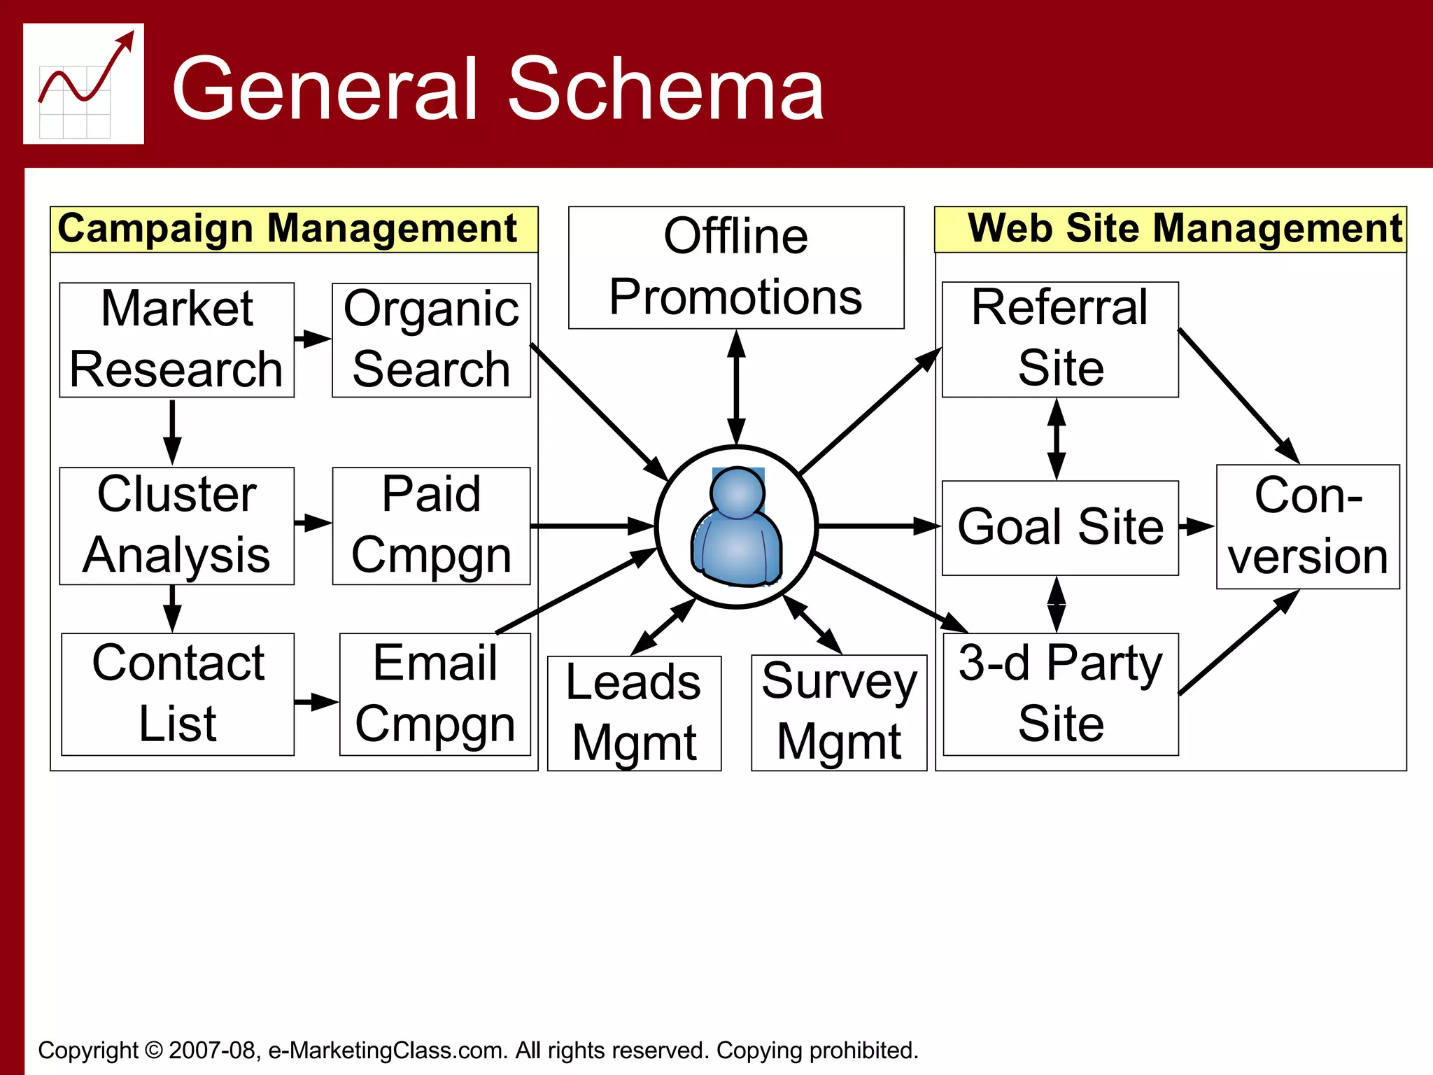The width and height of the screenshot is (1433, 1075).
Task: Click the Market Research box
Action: [176, 339]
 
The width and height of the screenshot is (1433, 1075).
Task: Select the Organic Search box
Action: [431, 339]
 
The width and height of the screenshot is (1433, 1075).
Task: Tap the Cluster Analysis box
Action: [176, 525]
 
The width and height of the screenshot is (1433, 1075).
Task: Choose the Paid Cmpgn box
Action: [431, 525]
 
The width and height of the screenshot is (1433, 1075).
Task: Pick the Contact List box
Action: [178, 694]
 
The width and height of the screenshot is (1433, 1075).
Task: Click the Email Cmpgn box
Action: [435, 694]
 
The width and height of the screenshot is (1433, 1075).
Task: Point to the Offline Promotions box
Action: [735, 267]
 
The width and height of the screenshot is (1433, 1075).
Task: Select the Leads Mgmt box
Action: [634, 712]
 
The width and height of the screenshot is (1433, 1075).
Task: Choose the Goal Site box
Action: [1059, 527]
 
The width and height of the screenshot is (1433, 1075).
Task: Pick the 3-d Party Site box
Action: [1060, 694]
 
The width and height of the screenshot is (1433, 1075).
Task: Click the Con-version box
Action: [1307, 526]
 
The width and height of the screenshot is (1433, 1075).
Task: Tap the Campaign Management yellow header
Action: [294, 229]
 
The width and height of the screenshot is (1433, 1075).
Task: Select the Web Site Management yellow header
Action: [1170, 229]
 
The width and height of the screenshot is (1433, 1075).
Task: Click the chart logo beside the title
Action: [83, 84]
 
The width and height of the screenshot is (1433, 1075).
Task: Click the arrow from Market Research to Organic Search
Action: [312, 339]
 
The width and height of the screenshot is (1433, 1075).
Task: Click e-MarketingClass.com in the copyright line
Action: [388, 1050]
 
